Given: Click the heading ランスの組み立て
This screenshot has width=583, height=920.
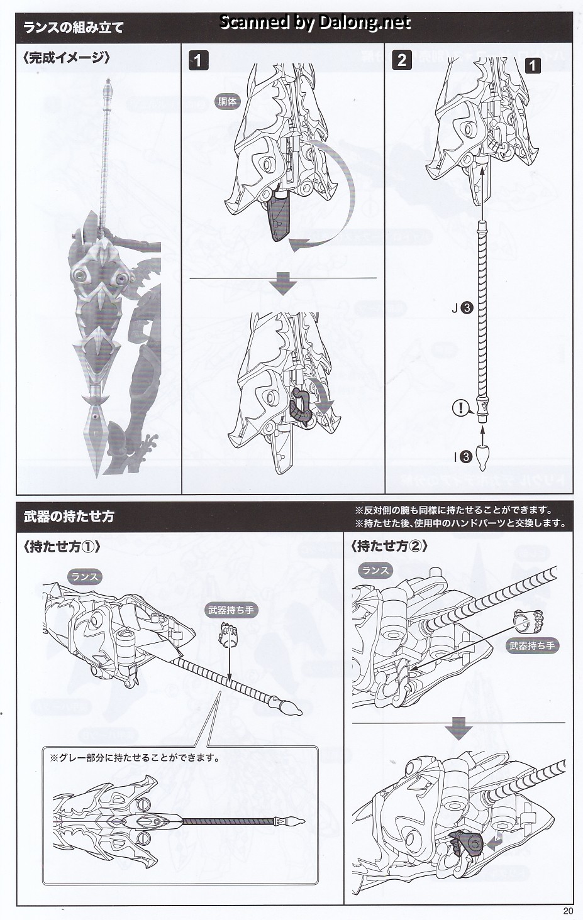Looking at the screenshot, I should pyautogui.click(x=73, y=27).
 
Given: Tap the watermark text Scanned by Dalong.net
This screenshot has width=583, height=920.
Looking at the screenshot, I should pyautogui.click(x=315, y=23).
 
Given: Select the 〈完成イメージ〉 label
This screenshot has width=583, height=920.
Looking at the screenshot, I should pyautogui.click(x=67, y=58).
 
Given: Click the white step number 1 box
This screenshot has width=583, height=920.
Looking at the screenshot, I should pyautogui.click(x=197, y=60).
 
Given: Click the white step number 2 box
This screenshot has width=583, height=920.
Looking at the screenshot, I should pyautogui.click(x=401, y=60).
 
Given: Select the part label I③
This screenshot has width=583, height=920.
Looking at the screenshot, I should pyautogui.click(x=463, y=457).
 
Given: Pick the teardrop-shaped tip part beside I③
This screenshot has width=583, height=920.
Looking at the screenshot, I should pyautogui.click(x=482, y=457).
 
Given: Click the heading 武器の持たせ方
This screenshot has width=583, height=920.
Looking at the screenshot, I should pyautogui.click(x=69, y=517).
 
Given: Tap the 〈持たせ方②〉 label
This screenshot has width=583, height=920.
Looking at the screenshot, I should pyautogui.click(x=389, y=547).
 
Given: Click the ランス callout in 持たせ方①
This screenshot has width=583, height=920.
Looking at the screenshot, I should pyautogui.click(x=84, y=576).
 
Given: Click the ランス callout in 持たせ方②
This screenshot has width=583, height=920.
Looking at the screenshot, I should pyautogui.click(x=375, y=571).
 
